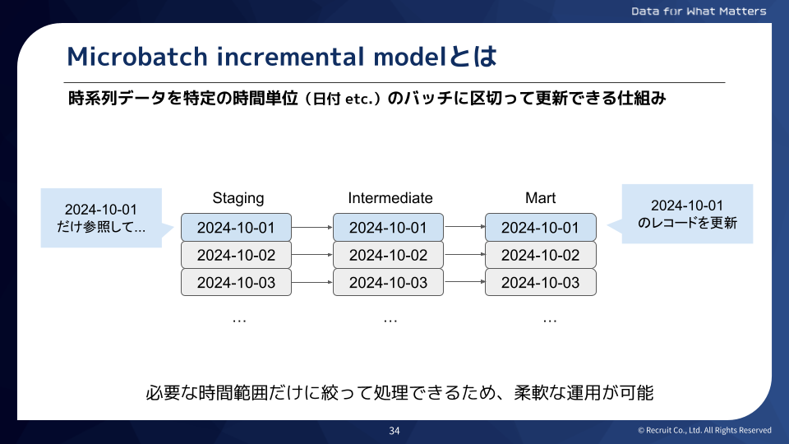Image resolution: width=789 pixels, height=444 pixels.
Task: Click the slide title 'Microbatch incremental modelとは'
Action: click(x=282, y=56)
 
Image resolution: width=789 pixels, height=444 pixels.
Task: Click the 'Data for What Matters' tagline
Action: click(x=699, y=12)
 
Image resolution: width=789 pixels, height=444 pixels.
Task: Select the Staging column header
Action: click(x=238, y=198)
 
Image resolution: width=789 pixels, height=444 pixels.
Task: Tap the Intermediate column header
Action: click(x=390, y=198)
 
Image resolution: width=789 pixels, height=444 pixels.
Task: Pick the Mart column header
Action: click(x=540, y=198)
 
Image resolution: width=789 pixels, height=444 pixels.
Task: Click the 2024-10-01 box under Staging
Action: click(x=236, y=228)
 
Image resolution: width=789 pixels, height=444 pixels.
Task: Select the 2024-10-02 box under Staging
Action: click(x=236, y=255)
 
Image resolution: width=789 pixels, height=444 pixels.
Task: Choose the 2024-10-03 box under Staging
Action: click(x=236, y=282)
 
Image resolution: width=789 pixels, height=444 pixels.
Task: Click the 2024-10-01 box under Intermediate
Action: click(x=388, y=228)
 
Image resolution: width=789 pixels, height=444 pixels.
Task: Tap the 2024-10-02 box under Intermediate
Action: click(x=388, y=255)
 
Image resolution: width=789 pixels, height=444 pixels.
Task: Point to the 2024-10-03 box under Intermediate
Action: click(x=388, y=282)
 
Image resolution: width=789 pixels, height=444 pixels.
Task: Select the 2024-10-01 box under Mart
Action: click(x=540, y=228)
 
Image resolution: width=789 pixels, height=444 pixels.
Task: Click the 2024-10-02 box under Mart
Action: click(x=540, y=255)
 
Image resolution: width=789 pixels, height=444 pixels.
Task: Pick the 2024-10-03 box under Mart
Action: click(x=540, y=282)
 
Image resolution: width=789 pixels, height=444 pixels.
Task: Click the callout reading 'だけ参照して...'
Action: click(x=100, y=218)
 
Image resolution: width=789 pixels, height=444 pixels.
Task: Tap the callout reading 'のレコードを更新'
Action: click(x=687, y=214)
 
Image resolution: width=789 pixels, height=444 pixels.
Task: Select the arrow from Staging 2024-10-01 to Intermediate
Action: click(x=312, y=228)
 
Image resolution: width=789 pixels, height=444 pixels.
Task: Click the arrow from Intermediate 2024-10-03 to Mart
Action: click(x=464, y=282)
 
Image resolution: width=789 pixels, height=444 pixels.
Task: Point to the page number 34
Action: click(x=394, y=431)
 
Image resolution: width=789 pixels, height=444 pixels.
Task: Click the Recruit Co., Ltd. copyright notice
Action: click(x=704, y=431)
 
